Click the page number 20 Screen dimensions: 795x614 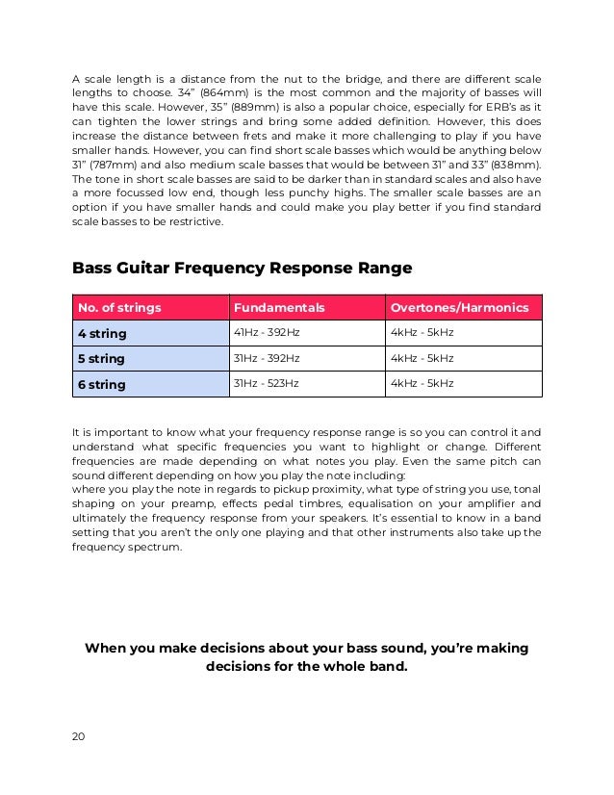point(78,736)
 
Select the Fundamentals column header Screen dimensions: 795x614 point(279,308)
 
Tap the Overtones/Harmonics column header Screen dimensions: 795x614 point(459,308)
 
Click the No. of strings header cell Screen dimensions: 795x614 point(119,308)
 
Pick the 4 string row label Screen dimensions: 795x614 point(101,333)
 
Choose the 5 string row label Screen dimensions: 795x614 point(101,359)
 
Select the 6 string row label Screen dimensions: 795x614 point(101,385)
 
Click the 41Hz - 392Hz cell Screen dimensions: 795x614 point(267,332)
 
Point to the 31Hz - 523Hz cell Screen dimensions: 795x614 point(267,384)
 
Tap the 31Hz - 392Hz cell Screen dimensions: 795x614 point(267,358)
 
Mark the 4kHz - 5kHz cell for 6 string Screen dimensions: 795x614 point(422,384)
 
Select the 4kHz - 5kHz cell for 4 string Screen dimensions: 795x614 point(422,332)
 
